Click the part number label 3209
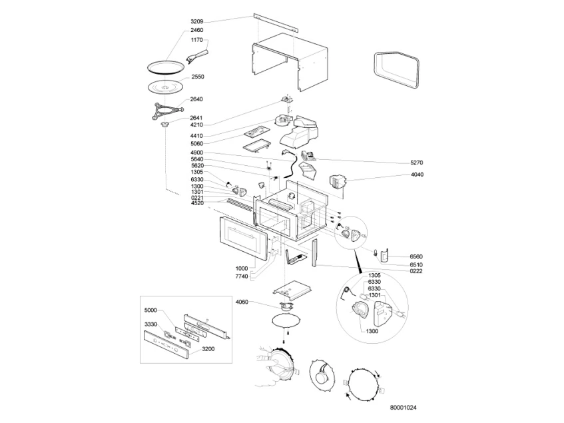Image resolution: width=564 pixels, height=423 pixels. point(196,21)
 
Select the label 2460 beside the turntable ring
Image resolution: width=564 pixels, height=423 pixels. point(196,30)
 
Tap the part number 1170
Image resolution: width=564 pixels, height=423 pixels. point(196,40)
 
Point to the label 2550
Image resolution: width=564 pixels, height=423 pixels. point(198,77)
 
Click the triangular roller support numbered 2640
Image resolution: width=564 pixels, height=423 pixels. point(167,110)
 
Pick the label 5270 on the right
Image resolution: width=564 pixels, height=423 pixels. point(417,163)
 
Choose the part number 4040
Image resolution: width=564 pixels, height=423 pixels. point(417,175)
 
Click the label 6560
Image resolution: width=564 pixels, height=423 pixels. point(416,257)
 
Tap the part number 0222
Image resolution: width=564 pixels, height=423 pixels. point(416,271)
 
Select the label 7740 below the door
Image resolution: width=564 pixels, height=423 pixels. point(242,276)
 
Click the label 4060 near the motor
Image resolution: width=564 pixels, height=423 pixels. point(242,302)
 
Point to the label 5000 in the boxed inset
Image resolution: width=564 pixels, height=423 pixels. point(150,310)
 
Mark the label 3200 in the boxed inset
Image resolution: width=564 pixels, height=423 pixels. point(208,349)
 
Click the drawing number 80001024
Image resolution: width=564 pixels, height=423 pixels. point(404,408)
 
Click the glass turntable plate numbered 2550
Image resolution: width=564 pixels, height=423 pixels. point(166,87)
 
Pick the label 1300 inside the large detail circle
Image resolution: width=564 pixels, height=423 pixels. point(372,331)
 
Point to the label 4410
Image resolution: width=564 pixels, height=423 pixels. point(196,136)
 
